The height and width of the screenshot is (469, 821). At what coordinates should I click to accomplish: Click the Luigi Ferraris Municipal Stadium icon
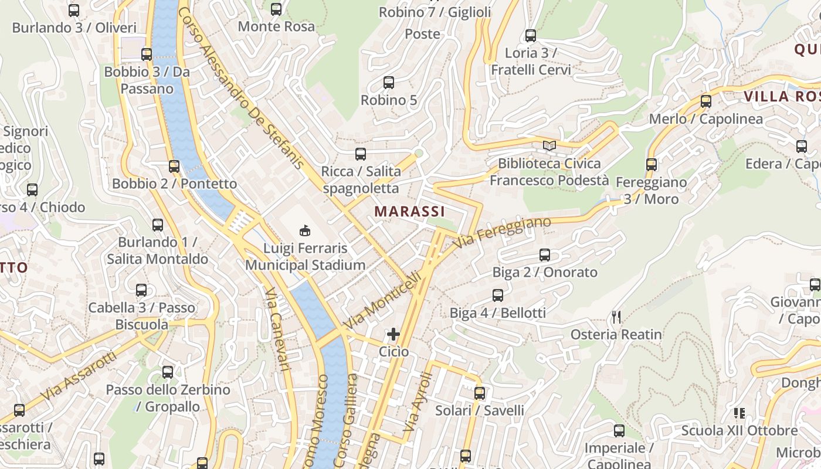(x=305, y=230)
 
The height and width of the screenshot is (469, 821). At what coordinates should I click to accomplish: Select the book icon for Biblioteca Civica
(x=549, y=145)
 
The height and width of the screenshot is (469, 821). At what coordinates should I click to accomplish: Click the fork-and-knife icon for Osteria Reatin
(x=616, y=317)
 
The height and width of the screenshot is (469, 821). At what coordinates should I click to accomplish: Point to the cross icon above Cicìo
(x=393, y=334)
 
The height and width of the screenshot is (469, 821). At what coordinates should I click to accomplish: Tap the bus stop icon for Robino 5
(x=388, y=83)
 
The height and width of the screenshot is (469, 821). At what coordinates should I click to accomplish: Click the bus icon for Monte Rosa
(x=276, y=9)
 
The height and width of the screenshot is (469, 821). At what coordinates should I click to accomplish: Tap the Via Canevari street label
(x=277, y=328)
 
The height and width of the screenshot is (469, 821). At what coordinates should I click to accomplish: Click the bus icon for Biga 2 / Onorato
(x=545, y=255)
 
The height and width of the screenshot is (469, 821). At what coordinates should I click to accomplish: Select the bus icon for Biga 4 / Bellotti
(x=498, y=295)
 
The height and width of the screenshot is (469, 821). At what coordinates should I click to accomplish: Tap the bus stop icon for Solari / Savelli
(x=480, y=393)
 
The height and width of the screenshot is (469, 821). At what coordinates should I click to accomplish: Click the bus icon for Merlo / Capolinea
(x=706, y=101)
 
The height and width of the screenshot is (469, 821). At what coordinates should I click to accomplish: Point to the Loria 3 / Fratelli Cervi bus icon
(x=531, y=36)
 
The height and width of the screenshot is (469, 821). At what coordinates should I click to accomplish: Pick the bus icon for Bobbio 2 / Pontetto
(x=174, y=166)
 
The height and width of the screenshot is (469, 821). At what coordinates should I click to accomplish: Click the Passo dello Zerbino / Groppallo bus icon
(x=168, y=372)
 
